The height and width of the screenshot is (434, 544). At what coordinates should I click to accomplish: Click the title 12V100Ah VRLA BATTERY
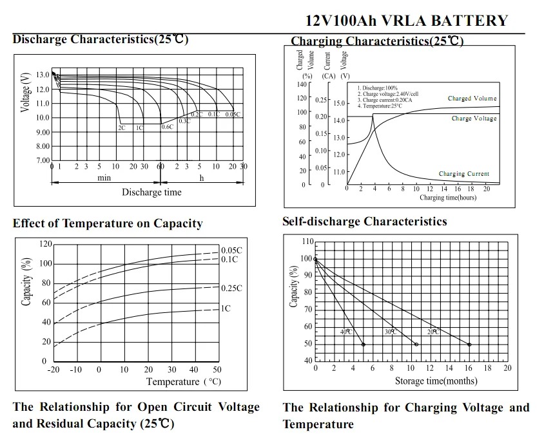click(x=406, y=21)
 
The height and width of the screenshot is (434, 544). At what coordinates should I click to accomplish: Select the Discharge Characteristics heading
click(x=100, y=39)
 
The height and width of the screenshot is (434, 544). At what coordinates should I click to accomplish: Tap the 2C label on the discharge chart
click(x=121, y=127)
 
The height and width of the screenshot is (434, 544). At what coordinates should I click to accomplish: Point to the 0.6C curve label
click(x=168, y=127)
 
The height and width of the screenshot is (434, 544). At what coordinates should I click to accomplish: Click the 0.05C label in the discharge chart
click(x=233, y=114)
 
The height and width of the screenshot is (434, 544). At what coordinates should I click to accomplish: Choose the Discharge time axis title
click(x=151, y=192)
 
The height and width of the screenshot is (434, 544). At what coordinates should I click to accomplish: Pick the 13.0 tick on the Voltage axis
click(x=43, y=75)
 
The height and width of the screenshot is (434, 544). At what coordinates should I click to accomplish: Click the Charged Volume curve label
click(x=472, y=99)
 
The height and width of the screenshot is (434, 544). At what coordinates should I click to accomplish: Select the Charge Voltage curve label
click(x=474, y=118)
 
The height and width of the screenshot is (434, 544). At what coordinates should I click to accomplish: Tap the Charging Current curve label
click(x=464, y=174)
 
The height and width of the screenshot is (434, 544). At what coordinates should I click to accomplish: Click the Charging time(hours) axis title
click(x=448, y=198)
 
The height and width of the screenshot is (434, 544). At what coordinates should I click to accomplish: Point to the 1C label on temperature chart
click(x=226, y=308)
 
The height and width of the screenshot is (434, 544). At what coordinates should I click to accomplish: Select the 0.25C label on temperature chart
click(x=231, y=288)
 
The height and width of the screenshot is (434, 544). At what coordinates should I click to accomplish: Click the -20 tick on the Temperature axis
click(x=53, y=370)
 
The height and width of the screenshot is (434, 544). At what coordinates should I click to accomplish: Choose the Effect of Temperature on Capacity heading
click(x=108, y=223)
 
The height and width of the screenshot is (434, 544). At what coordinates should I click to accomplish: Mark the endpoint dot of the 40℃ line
click(x=364, y=344)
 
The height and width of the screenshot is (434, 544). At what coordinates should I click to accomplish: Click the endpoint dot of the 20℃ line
click(x=469, y=344)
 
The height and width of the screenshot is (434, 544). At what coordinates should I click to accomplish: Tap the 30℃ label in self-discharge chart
click(x=391, y=332)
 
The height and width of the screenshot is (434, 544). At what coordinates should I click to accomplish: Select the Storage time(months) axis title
click(x=436, y=381)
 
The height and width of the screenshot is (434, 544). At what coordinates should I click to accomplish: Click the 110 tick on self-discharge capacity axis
click(x=307, y=242)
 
